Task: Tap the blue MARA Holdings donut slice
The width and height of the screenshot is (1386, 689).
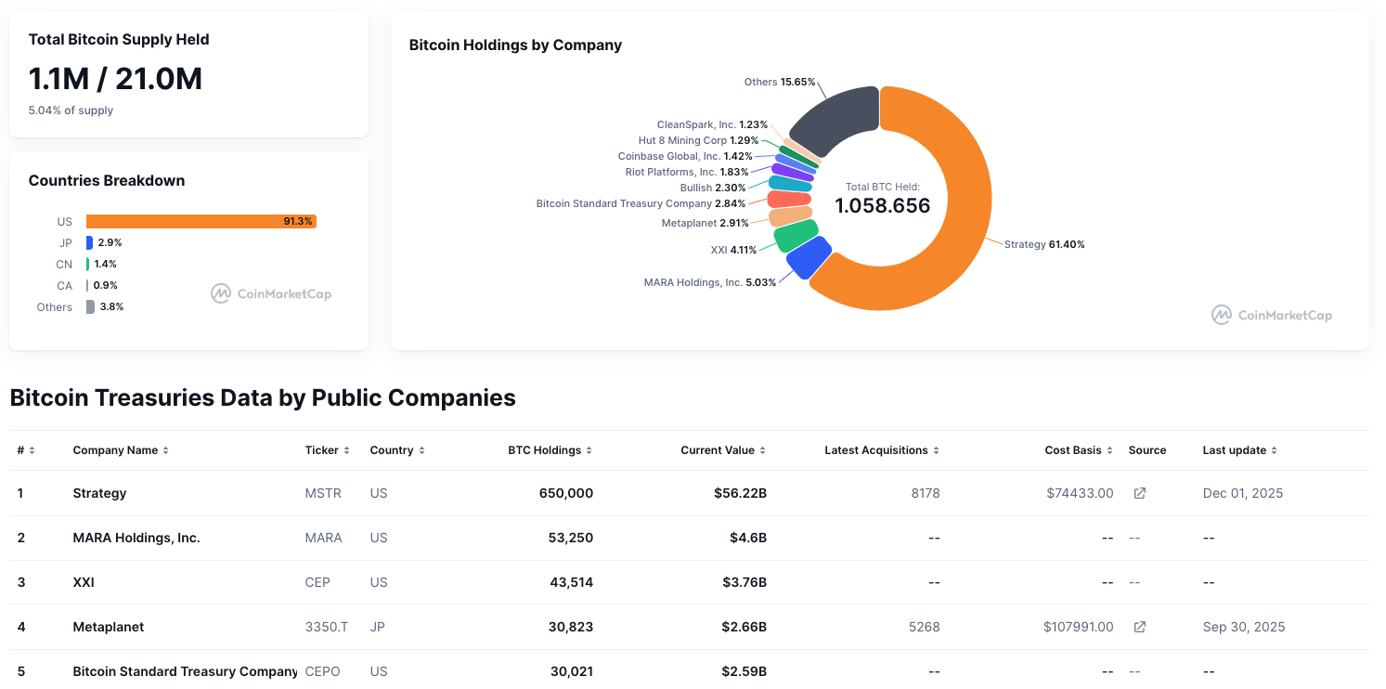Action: click(x=808, y=258)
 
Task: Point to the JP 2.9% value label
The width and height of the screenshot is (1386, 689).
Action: click(x=110, y=242)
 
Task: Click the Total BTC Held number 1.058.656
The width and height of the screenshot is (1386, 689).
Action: click(x=882, y=206)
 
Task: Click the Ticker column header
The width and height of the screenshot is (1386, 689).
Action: click(x=322, y=450)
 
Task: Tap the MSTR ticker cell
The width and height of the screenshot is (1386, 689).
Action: click(x=323, y=493)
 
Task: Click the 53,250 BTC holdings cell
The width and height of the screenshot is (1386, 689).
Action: click(x=571, y=538)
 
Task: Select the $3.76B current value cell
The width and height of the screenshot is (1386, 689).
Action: click(x=744, y=582)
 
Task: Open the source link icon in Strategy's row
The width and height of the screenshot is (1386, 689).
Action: click(x=1139, y=493)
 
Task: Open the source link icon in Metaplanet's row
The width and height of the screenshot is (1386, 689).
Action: click(x=1139, y=627)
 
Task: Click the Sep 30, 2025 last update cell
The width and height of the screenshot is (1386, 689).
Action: click(x=1244, y=627)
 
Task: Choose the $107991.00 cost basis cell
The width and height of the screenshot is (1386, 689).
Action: click(x=1078, y=627)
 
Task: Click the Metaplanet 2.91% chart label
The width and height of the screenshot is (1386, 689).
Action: click(x=705, y=223)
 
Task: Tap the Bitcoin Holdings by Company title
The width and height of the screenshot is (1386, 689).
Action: click(x=515, y=45)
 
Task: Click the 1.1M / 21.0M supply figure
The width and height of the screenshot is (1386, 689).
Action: click(x=115, y=79)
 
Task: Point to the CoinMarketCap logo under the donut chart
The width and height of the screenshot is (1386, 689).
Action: click(x=1272, y=315)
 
